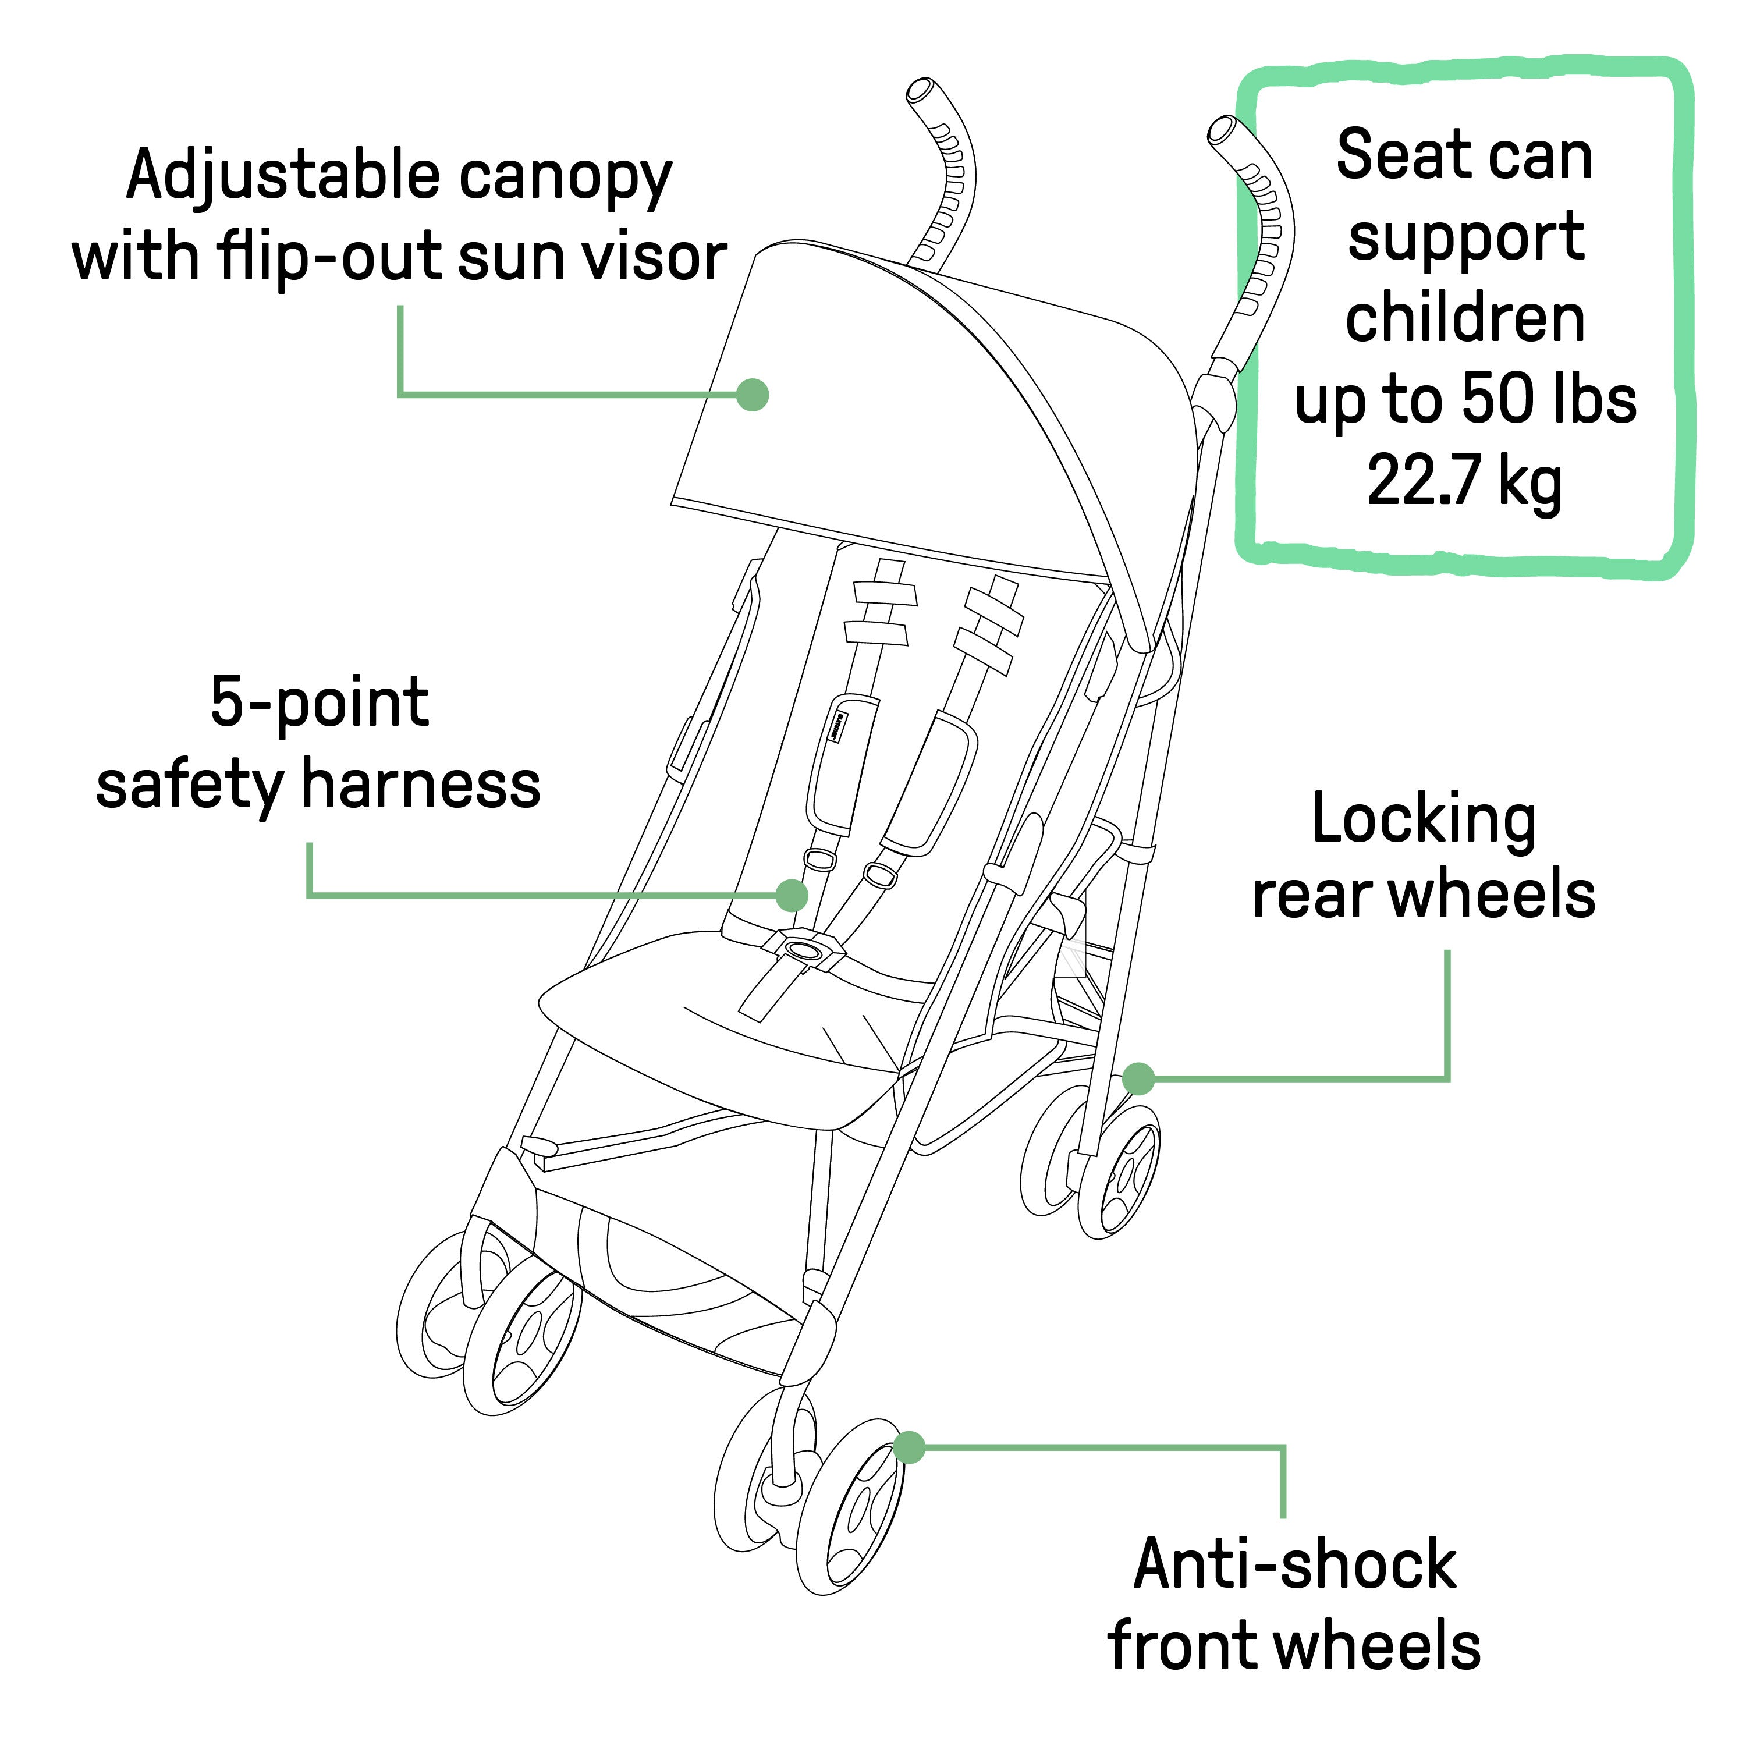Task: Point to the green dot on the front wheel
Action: point(909,1447)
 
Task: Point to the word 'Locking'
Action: point(1424,819)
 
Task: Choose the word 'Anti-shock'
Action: point(1294,1564)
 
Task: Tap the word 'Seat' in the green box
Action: point(1392,155)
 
